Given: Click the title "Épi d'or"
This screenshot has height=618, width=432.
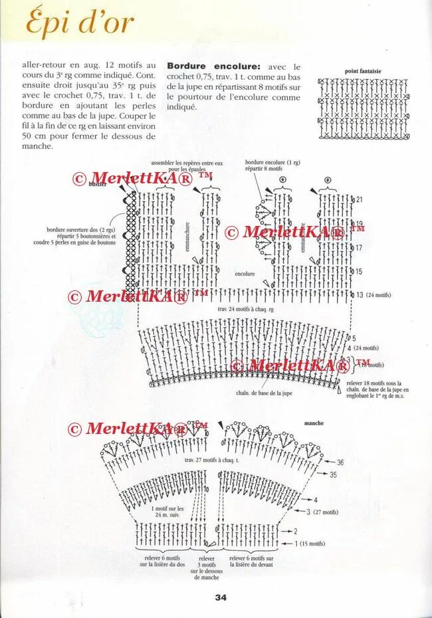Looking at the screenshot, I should coord(80,23).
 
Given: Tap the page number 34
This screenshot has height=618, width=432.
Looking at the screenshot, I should coord(221,597).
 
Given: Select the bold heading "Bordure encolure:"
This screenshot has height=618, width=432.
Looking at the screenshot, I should coord(213,66).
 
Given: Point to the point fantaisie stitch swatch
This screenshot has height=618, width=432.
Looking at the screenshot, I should coord(363,108).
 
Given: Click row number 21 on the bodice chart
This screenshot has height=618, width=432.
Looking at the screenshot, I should coord(360,199).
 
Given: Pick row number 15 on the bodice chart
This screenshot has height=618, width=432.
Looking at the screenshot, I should coord(359,272).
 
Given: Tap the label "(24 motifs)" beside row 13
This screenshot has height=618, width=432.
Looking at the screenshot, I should coord(379,295).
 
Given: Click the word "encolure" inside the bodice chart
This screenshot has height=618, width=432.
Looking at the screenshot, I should coord(245,273).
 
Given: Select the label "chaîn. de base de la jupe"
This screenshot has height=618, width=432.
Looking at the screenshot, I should coord(264,393).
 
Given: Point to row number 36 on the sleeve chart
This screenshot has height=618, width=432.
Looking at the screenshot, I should coord(340,463).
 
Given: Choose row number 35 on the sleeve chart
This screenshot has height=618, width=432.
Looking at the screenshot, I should coord(333,474).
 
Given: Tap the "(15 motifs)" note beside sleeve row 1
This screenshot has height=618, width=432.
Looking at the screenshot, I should coord(312,544).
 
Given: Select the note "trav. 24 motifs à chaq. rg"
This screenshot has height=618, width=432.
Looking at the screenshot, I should coord(245,309).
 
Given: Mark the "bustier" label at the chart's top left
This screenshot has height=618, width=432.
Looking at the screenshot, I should coord(98,184).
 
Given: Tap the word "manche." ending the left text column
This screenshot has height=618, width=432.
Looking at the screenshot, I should coord(37,146).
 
